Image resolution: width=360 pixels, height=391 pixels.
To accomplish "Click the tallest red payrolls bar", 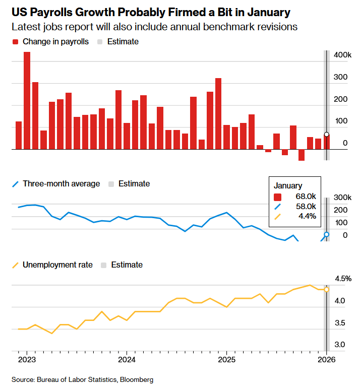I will [x=27, y=101].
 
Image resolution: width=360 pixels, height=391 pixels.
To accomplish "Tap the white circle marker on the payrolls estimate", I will [x=327, y=135].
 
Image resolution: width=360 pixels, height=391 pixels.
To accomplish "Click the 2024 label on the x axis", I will [x=127, y=360].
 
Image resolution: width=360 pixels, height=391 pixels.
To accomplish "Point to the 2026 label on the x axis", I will [x=326, y=360].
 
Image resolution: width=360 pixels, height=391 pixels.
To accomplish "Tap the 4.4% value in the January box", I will [x=307, y=216].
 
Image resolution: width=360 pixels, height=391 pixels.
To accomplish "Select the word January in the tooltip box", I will [x=288, y=186].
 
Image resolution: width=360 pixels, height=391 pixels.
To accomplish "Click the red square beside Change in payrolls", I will [x=15, y=42].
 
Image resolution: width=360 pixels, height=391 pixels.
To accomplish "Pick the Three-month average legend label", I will [x=62, y=183].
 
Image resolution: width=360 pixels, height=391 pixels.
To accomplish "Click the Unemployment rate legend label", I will [x=58, y=265].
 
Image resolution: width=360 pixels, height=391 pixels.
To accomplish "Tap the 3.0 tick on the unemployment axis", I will [x=340, y=345].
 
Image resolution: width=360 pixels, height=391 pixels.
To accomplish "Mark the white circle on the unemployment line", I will [x=327, y=289].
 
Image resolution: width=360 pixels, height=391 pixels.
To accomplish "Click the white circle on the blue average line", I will [x=327, y=234].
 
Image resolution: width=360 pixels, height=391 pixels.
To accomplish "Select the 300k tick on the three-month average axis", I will [x=343, y=197].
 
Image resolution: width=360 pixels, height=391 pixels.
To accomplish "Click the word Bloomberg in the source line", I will [x=136, y=379].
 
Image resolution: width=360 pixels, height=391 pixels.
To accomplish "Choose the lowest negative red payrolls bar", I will [x=302, y=155].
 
